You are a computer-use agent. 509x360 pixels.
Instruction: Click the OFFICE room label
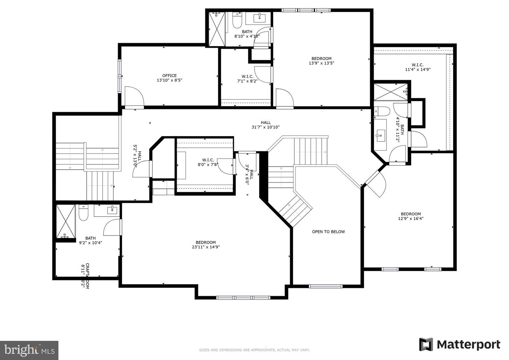click(x=169, y=76)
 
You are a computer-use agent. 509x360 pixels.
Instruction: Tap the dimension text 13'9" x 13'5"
click(x=321, y=63)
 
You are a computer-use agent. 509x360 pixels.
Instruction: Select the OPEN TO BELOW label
click(x=328, y=232)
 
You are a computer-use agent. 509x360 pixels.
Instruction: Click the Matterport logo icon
click(x=426, y=344)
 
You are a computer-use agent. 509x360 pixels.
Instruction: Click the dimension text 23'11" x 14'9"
click(x=206, y=247)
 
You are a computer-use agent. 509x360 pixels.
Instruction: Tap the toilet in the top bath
click(x=237, y=21)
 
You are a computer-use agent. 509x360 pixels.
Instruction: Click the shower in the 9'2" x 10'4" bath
click(x=66, y=221)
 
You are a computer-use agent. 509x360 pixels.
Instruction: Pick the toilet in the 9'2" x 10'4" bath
click(x=83, y=213)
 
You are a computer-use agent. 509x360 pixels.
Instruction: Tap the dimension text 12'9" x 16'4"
click(x=411, y=219)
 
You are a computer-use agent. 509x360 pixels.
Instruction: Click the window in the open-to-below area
click(x=326, y=286)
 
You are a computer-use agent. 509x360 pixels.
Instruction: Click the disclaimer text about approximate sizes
click(x=254, y=350)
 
